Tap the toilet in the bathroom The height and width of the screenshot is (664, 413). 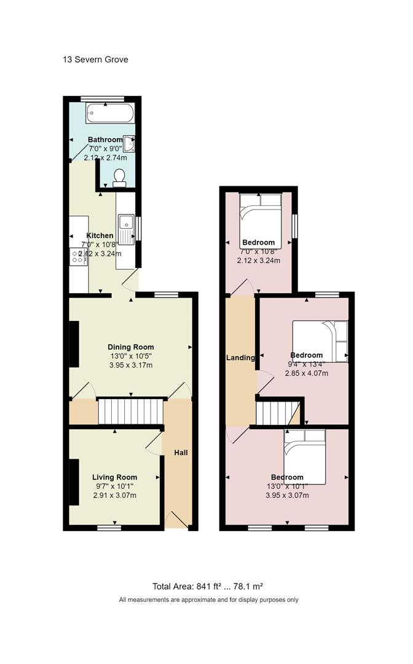click(x=119, y=178)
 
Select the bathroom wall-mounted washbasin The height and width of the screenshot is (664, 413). click(x=130, y=144)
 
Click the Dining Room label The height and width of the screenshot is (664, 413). click(x=131, y=347)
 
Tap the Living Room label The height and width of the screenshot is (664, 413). click(x=114, y=477)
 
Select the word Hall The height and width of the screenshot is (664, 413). click(x=181, y=453)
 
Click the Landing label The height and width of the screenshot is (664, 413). click(x=240, y=358)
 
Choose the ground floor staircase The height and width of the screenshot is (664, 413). click(x=130, y=411)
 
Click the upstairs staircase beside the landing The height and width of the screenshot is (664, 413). click(x=278, y=412)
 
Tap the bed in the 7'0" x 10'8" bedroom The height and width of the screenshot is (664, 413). click(x=260, y=220)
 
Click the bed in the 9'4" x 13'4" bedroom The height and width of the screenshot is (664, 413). click(x=320, y=341)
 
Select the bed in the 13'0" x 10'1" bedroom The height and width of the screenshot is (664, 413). click(x=304, y=456)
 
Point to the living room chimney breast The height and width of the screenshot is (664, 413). click(x=73, y=482)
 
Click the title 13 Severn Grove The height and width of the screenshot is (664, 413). click(x=95, y=60)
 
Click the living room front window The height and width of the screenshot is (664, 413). click(x=109, y=528)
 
